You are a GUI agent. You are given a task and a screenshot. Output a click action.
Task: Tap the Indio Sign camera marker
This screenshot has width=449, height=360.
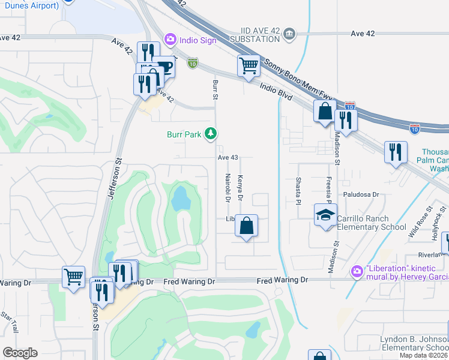click(x=170, y=39)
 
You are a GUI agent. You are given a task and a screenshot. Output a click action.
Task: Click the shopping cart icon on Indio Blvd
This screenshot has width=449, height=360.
click(x=249, y=65)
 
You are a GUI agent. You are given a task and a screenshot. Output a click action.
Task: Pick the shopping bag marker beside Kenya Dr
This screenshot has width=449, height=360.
click(x=246, y=226)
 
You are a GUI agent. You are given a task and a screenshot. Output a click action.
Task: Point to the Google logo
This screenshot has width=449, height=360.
click(x=20, y=352)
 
